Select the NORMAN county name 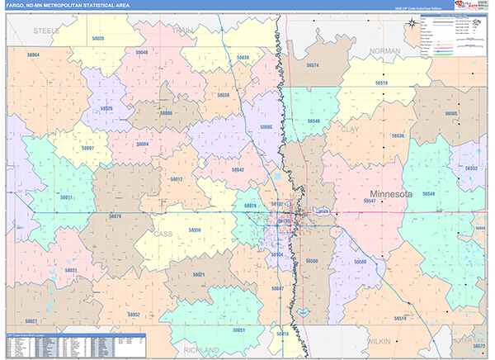coord(385,51)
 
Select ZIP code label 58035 coord(98,39)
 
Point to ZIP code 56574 coord(313,64)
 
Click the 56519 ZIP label coord(381,83)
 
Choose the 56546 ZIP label coord(313,121)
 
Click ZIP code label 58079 coord(115,216)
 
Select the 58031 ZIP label coord(71,270)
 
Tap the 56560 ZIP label coord(312,261)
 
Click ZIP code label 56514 coord(400,318)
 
